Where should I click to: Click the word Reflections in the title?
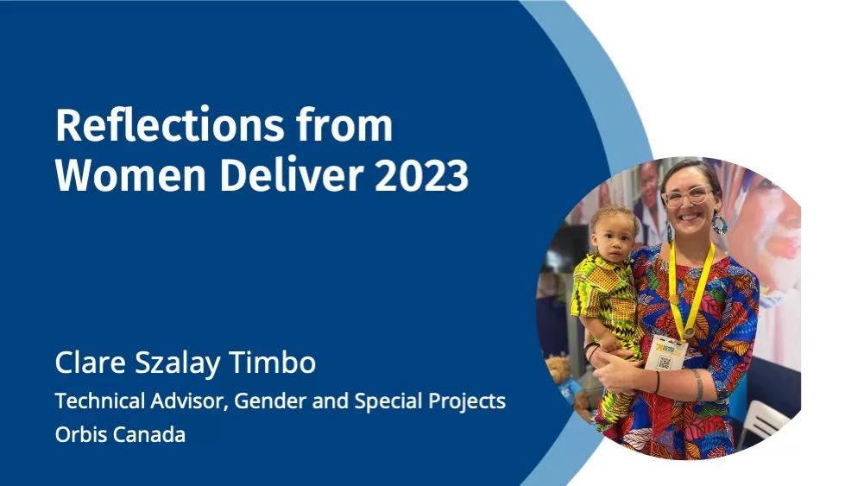170,125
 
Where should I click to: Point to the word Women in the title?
130,174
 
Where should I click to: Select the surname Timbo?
272,362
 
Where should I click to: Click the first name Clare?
91,362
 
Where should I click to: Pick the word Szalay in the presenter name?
177,363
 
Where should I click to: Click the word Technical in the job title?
99,401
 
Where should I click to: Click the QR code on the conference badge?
665,362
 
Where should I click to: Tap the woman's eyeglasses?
688,196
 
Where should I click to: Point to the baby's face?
614,236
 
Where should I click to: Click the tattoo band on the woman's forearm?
697,385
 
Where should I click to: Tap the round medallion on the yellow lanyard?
689,333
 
